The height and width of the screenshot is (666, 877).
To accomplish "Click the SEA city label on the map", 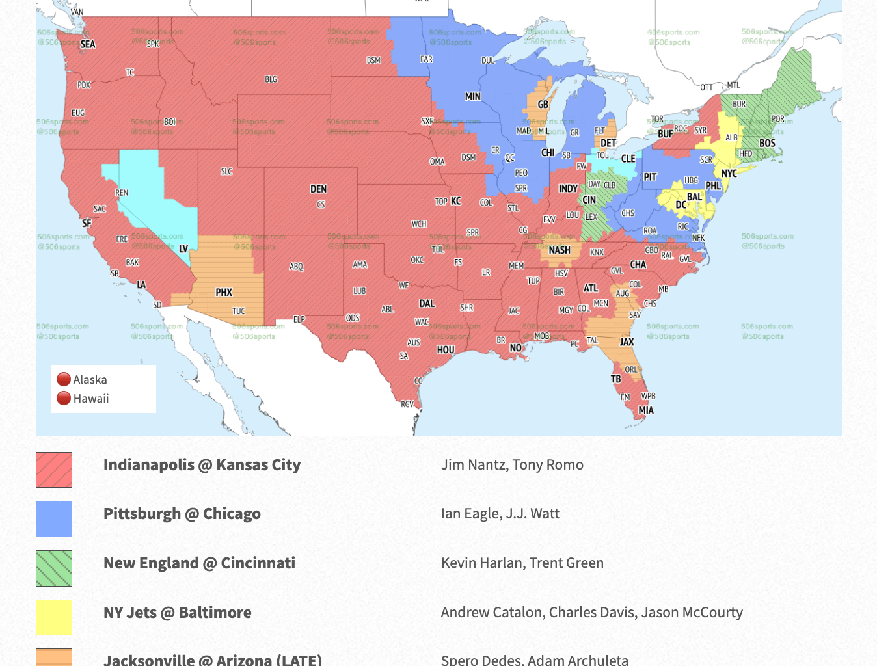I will click(x=88, y=44).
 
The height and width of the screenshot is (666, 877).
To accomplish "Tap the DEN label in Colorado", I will click(x=318, y=189).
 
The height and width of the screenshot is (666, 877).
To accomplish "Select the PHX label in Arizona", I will click(x=224, y=293).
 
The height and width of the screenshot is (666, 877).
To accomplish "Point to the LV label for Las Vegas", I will click(x=183, y=248).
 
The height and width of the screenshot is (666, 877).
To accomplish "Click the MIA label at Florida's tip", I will click(x=646, y=410).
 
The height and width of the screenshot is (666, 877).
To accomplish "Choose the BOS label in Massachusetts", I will click(x=767, y=143).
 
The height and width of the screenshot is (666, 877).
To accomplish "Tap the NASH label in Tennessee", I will click(x=560, y=250).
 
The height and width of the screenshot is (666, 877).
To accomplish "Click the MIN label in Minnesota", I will click(x=472, y=96).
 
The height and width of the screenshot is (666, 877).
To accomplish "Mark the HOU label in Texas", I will click(x=446, y=349).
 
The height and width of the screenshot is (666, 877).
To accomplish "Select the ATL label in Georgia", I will click(x=590, y=288).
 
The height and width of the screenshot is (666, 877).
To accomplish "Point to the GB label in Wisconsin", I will click(x=543, y=104).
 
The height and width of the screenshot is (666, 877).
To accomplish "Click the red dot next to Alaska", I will click(x=64, y=379).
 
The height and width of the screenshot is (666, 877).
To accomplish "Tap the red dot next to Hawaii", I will click(x=64, y=398).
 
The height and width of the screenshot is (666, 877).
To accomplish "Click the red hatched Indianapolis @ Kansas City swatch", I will click(x=54, y=470).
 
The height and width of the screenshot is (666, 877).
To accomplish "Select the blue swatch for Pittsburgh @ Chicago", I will click(x=54, y=519).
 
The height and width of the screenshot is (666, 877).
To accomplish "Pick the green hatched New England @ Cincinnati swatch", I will click(x=54, y=568).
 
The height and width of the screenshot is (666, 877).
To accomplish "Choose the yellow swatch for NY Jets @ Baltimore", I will click(x=54, y=617).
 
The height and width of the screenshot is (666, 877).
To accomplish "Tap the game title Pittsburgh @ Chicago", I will click(x=182, y=514).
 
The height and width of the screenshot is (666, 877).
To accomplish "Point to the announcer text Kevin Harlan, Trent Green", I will click(x=522, y=563).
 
